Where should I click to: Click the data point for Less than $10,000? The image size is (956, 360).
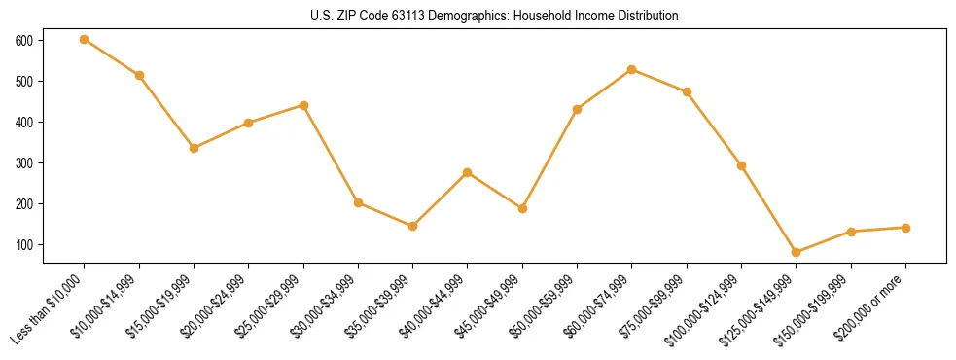tap(85, 39)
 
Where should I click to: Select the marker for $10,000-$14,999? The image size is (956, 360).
tap(139, 75)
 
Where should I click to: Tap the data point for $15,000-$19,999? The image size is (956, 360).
tap(194, 148)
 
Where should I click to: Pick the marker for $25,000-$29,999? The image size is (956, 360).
tap(303, 105)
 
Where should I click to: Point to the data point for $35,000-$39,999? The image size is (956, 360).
tap(413, 226)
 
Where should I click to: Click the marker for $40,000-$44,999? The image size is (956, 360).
tap(468, 172)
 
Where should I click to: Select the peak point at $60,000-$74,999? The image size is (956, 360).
tap(632, 69)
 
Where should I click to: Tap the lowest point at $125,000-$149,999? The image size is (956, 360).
tap(797, 252)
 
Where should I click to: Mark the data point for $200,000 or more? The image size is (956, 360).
tap(906, 228)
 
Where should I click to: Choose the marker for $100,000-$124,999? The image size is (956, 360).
tap(742, 165)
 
